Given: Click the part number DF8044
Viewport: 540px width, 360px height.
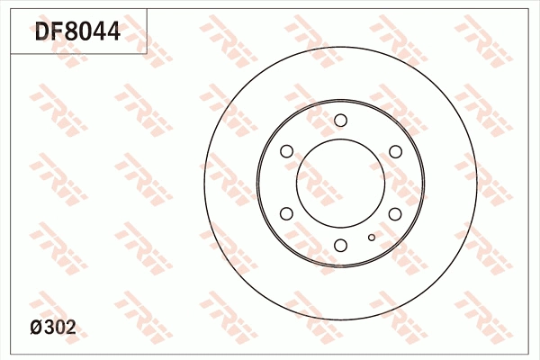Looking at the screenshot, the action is click(77, 31).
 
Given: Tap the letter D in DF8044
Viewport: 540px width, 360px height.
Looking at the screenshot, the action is click(42, 31).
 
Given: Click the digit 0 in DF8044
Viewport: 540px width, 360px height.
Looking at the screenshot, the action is click(86, 31).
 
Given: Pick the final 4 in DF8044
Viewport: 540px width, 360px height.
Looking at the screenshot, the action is click(113, 31).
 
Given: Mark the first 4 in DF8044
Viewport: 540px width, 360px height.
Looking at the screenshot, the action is click(100, 31).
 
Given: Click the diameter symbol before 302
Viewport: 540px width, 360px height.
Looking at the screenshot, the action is click(37, 328).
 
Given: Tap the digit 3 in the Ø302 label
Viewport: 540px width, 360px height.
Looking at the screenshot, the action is click(49, 328).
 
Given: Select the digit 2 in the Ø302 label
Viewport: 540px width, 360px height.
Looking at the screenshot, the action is click(70, 328).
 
